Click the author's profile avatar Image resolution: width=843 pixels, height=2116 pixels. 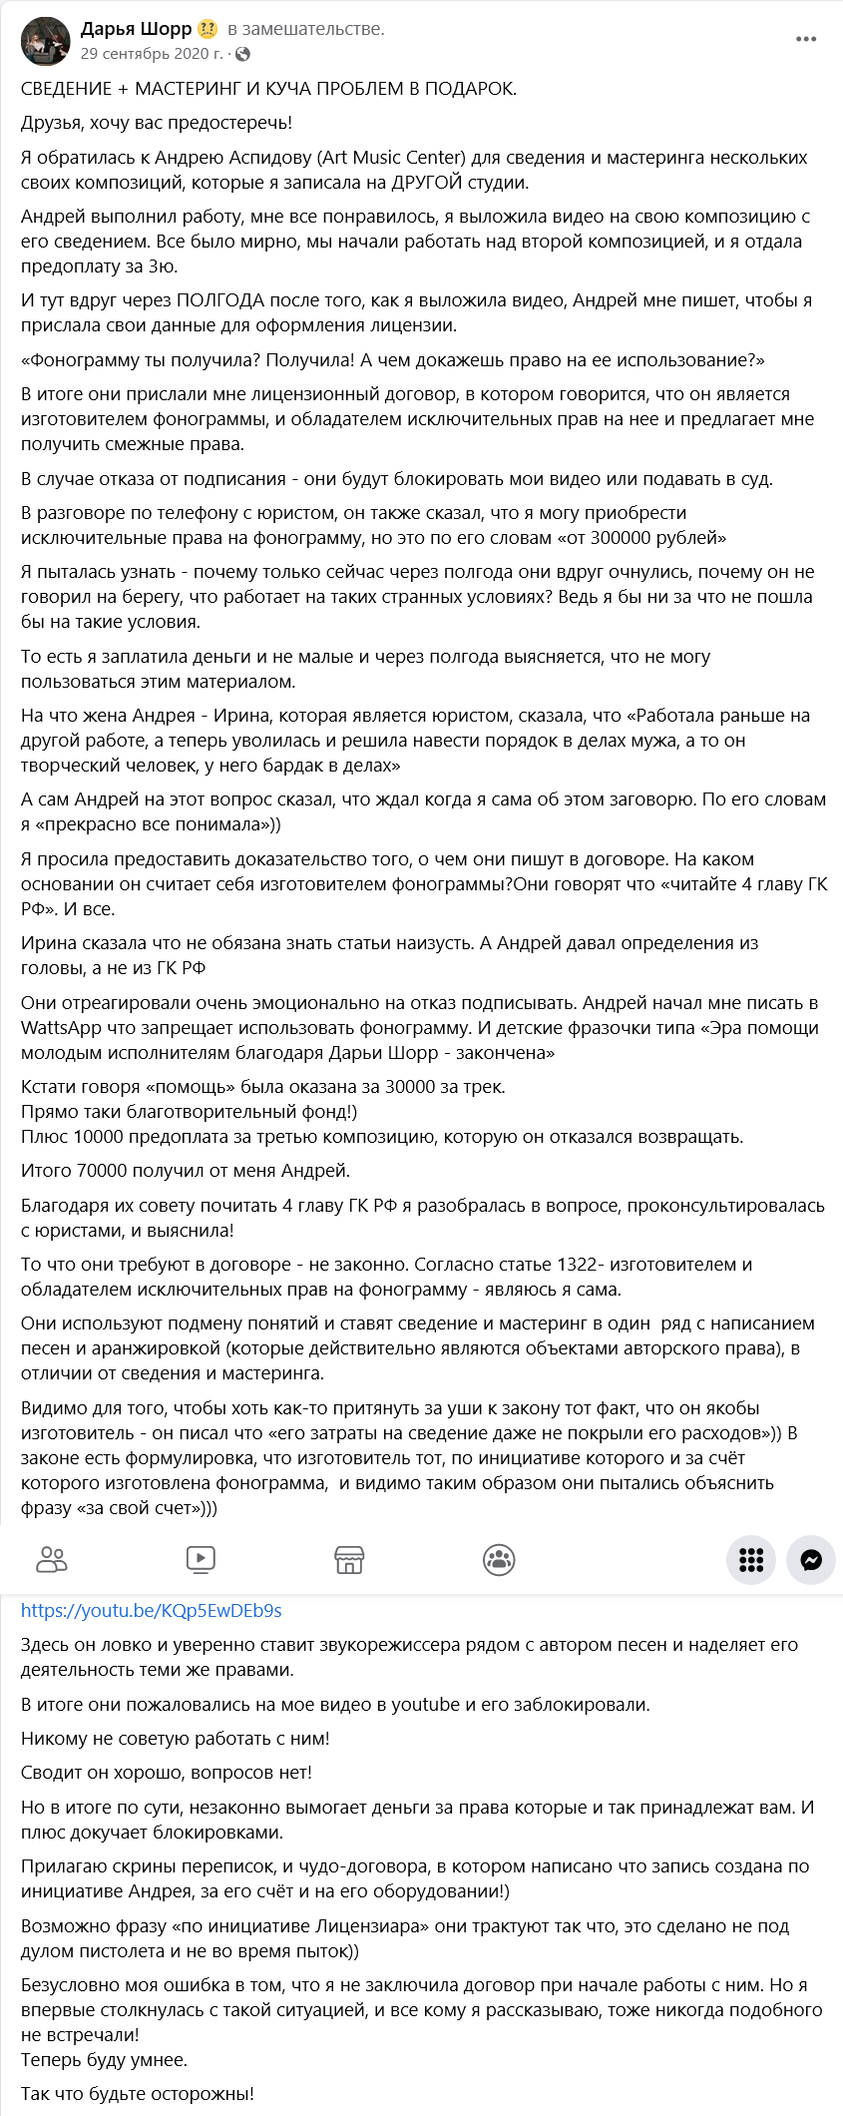point(45,41)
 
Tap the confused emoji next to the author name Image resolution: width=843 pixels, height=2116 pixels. point(208,29)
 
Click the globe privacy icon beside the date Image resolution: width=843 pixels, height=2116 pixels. point(242,54)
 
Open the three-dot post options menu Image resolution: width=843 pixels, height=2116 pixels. point(806,39)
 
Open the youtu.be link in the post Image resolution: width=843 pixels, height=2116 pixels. point(152,1610)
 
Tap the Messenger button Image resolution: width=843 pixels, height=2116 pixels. point(810,1559)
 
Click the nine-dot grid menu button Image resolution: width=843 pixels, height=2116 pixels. point(751,1559)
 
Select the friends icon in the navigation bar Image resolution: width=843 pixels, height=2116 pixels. point(52,1559)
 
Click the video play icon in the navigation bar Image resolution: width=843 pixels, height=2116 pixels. point(201,1559)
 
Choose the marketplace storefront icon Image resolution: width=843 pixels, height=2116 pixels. point(349,1559)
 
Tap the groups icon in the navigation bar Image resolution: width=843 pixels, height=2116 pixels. point(499,1559)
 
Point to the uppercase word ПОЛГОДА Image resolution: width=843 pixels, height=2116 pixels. point(220,300)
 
